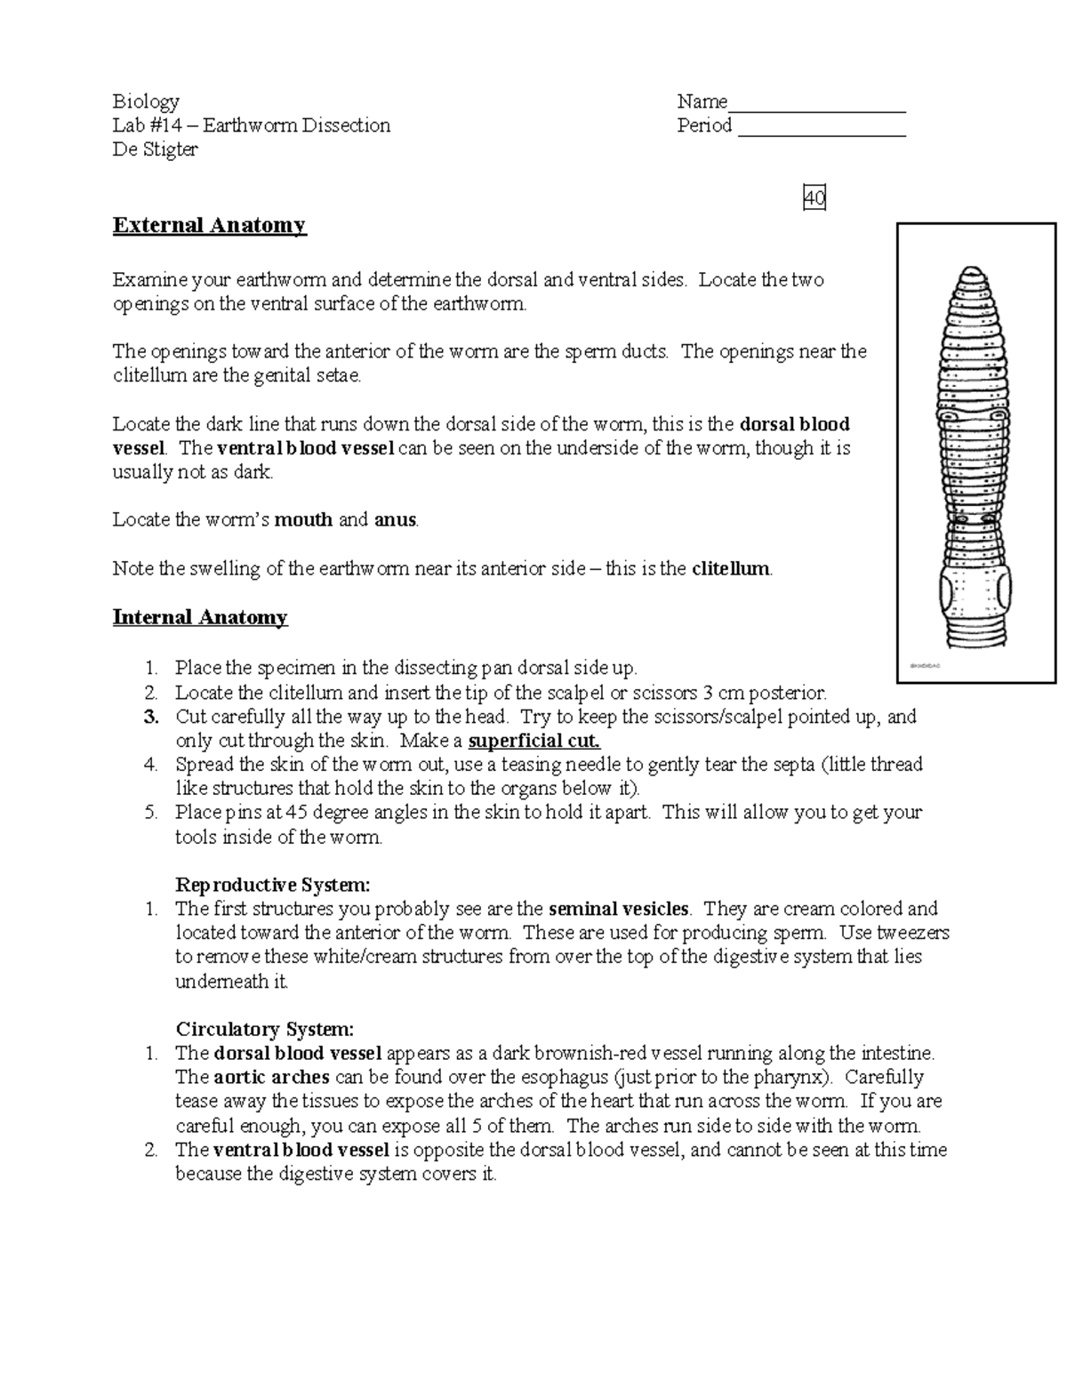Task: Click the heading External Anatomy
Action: pos(209,225)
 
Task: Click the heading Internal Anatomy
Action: pos(200,617)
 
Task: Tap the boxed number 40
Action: pos(814,198)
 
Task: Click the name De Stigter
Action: pos(155,149)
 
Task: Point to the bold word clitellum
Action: pos(731,569)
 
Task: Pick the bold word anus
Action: pos(395,520)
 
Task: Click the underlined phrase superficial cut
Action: pos(534,741)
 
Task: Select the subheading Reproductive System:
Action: pos(272,885)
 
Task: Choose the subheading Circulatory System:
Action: pos(265,1030)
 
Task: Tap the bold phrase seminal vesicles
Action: pos(619,909)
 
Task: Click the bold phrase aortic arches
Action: pos(272,1078)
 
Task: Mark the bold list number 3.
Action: pos(150,717)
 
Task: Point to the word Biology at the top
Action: pos(146,101)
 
